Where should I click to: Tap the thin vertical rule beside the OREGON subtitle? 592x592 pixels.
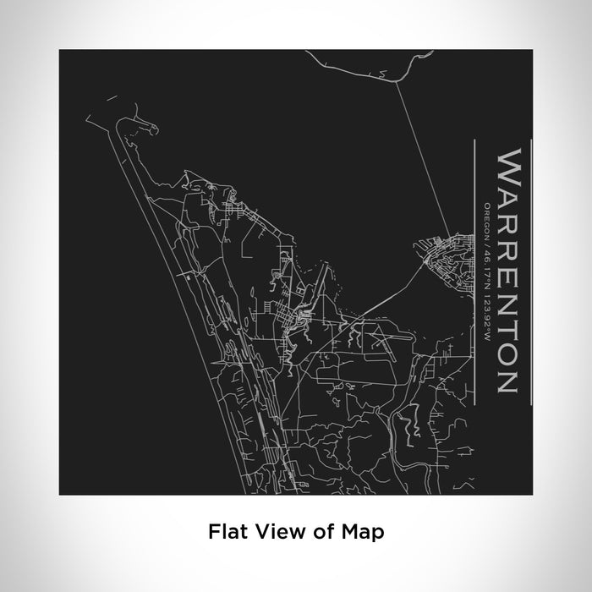[x=477, y=270]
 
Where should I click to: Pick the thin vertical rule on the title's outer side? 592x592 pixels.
[x=530, y=270]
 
